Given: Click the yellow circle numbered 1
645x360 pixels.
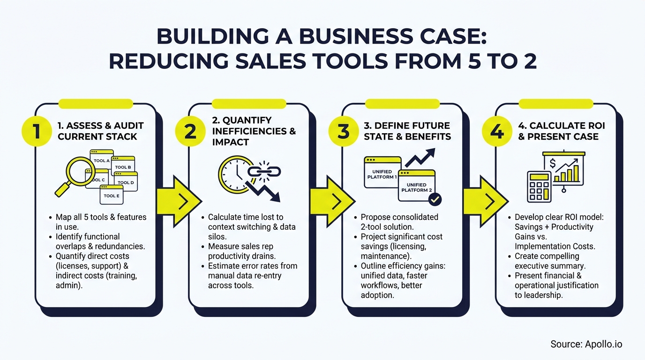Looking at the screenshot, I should [x=37, y=132].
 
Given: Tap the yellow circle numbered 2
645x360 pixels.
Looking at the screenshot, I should [x=190, y=132].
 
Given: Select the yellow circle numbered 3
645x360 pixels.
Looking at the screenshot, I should [x=344, y=132].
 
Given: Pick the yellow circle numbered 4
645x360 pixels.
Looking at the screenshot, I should [x=497, y=132].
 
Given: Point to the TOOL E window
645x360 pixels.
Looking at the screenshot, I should [x=112, y=195].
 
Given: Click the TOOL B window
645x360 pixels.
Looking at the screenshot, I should [x=123, y=166].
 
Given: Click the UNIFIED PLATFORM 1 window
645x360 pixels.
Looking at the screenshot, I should [x=382, y=173].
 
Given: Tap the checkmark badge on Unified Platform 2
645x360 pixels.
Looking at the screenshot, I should [x=435, y=199].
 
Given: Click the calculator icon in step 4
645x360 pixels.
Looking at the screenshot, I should [x=539, y=186].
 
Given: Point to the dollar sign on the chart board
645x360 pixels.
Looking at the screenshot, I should [x=553, y=164].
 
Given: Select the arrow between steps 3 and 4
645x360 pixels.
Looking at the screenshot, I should [x=485, y=201].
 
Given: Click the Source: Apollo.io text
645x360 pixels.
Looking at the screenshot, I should [x=586, y=344].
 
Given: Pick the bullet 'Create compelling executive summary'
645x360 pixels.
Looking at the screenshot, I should [x=547, y=261].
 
